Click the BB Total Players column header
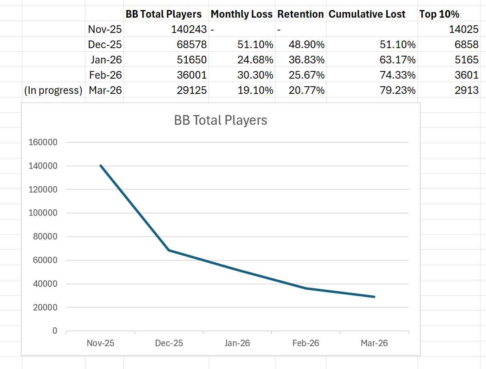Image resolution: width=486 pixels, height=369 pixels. click(164, 14)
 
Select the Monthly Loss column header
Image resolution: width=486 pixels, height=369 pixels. click(241, 14)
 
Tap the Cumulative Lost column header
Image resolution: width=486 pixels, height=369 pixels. click(367, 14)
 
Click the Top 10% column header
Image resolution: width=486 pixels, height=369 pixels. click(439, 14)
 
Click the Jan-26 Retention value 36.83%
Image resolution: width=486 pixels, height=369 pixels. click(306, 60)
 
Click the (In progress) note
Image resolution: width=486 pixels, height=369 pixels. click(53, 90)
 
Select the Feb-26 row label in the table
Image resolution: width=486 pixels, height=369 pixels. click(105, 75)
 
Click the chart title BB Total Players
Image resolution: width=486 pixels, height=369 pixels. click(221, 120)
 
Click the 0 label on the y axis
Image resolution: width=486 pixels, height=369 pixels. click(55, 331)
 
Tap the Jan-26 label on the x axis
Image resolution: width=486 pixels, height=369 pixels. click(237, 343)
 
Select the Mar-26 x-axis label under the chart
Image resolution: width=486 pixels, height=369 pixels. click(374, 343)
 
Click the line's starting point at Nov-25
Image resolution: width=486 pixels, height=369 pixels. click(100, 166)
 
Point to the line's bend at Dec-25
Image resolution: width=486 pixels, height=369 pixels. click(169, 250)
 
